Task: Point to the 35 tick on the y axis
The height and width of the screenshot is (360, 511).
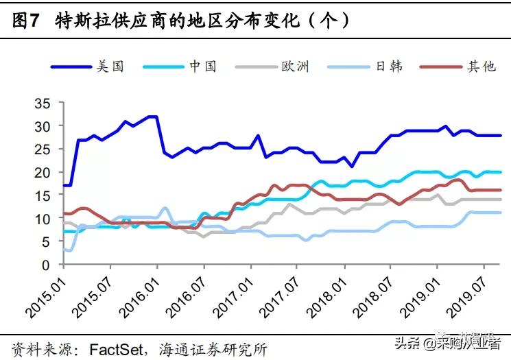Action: [43, 103]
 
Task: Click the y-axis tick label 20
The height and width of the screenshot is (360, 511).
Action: [43, 172]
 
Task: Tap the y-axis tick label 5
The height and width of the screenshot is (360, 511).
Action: [46, 241]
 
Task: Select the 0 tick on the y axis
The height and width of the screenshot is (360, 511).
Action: [46, 265]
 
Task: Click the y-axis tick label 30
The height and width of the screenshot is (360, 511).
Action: [43, 126]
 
